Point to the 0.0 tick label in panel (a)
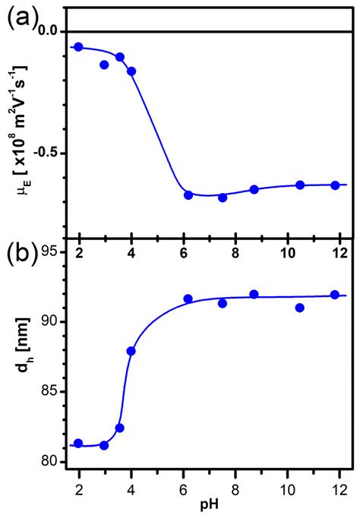tap(47, 31)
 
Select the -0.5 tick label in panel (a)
tap(44, 153)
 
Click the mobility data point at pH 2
tap(78, 47)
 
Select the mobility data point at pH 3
tap(104, 65)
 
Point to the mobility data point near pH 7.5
tap(223, 197)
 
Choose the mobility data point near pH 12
tap(335, 185)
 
